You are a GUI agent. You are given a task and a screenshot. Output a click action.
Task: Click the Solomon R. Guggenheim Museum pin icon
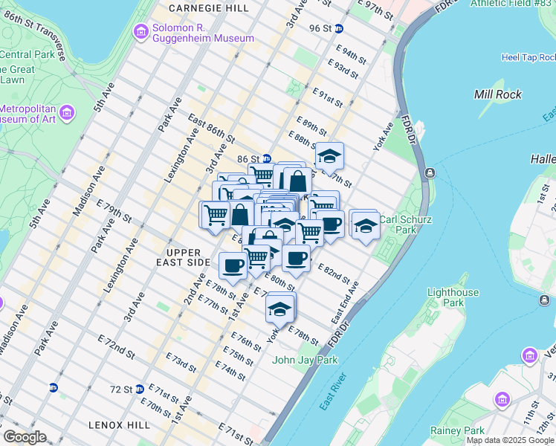[140, 32]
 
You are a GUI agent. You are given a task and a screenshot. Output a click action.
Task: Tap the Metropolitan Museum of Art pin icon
[68, 113]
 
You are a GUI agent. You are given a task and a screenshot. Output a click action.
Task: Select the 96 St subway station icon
[339, 28]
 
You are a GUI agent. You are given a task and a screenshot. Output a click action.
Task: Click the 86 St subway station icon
[267, 158]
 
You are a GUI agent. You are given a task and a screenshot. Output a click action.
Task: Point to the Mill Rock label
[497, 94]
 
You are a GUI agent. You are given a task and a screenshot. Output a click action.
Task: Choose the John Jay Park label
[305, 360]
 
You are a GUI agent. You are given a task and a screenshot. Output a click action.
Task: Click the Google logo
[25, 438]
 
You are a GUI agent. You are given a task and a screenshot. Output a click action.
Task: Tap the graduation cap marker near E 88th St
[329, 157]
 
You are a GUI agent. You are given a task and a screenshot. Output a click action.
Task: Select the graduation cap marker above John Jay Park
[279, 307]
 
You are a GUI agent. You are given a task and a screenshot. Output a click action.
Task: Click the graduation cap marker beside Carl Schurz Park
[364, 224]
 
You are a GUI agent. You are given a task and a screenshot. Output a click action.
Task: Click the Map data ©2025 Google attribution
[509, 440]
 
